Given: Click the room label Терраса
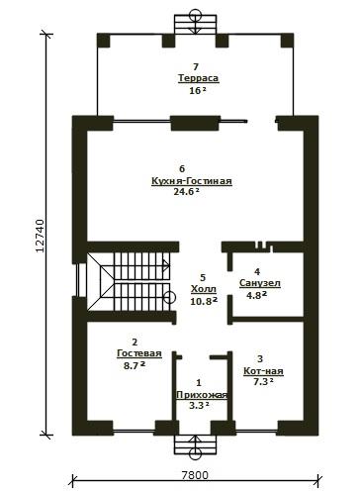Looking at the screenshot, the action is coord(199,78).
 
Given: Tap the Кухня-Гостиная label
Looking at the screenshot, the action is coord(192,181).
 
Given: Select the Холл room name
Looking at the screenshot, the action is coord(204,289).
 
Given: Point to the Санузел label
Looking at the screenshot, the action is coord(260,283).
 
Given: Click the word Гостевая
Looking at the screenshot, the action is coord(139,353).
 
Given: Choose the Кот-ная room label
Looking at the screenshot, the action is coord(263,371).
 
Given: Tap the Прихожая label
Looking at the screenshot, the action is coord(202,395).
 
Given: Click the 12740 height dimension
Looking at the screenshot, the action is coord(40,236).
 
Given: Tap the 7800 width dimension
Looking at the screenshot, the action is coord(195,475).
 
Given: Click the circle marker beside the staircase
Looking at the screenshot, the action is coord(169,298).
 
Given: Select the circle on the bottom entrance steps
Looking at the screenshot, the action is coord(196,454).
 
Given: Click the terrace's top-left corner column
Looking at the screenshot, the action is coord(104,41).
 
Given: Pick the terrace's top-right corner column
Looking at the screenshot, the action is coord(287,41).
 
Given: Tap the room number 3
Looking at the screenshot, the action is coord(260,358).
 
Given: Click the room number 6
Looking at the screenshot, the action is coord(182,169).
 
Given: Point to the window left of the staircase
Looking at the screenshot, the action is coord(79,280).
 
